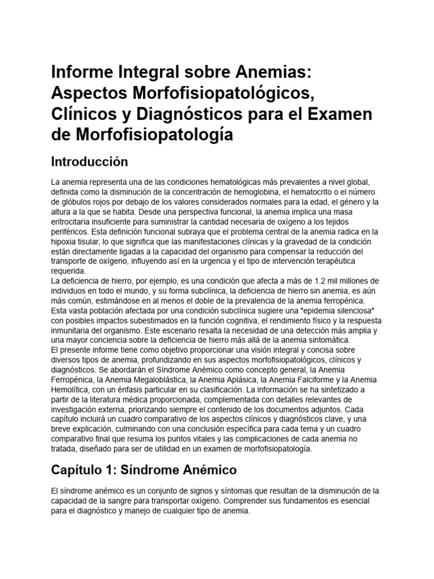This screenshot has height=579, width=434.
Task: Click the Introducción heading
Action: click(90, 162)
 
